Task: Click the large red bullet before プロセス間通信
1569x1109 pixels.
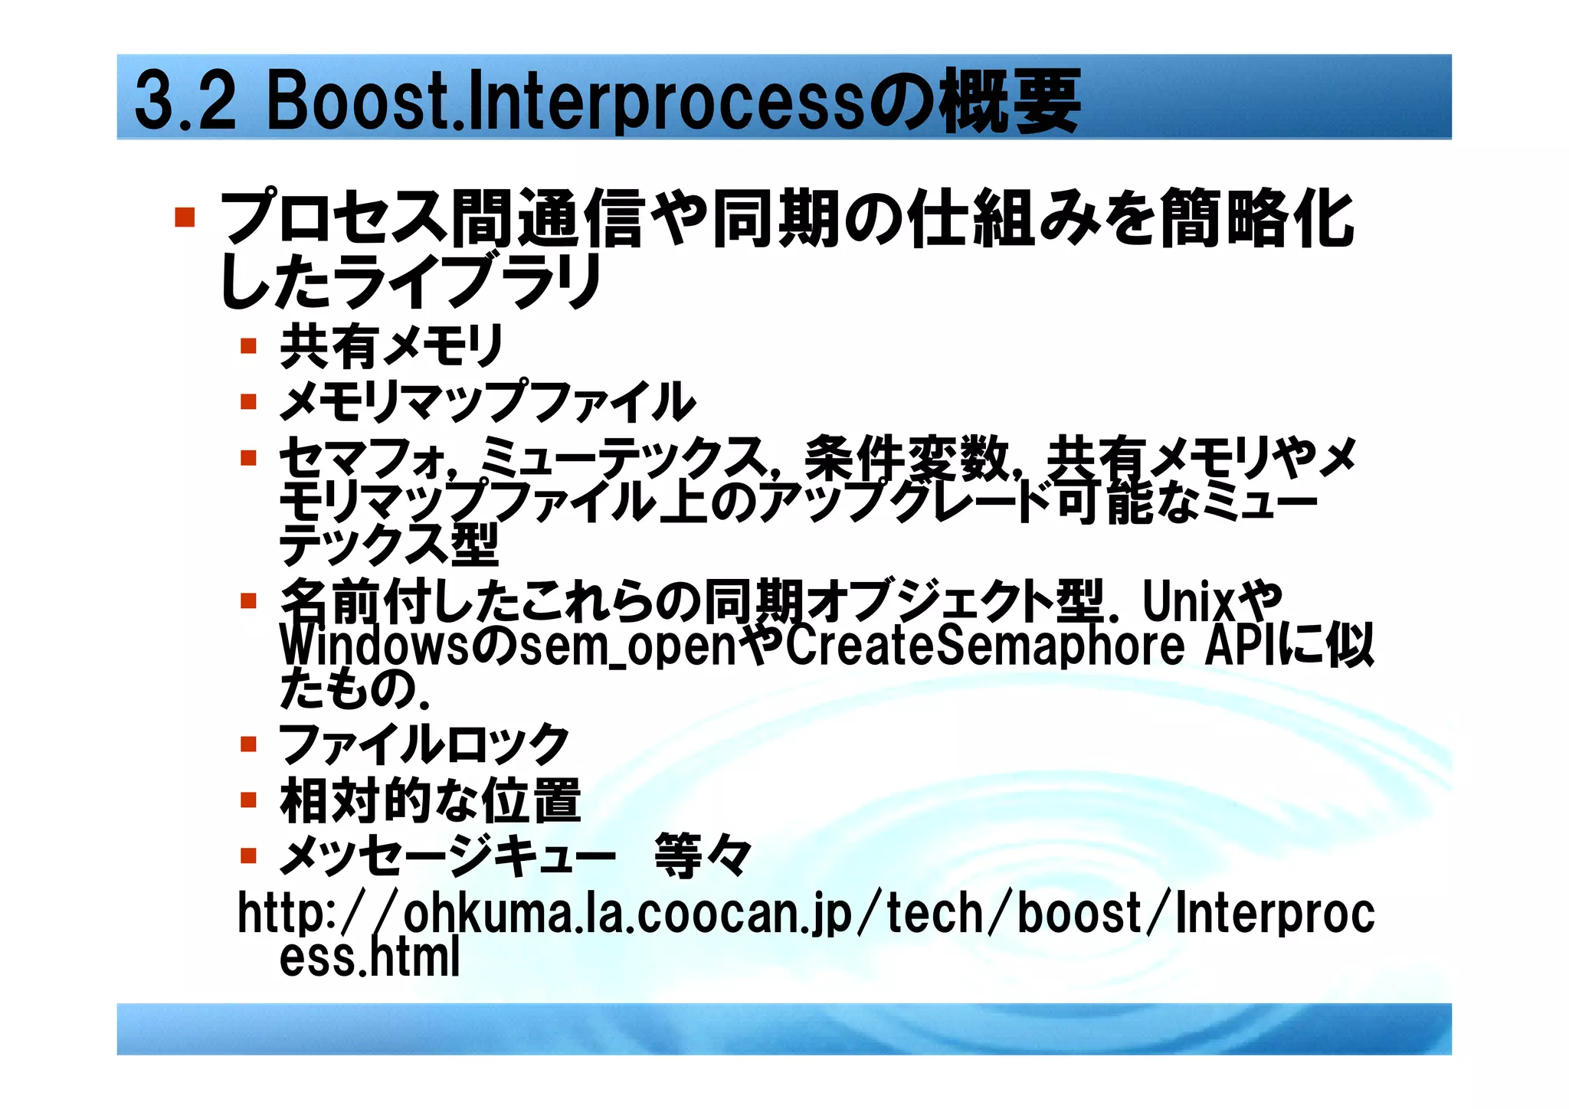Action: tap(184, 218)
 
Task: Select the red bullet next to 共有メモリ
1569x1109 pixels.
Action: tap(247, 346)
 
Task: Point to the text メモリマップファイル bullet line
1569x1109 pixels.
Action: tap(487, 402)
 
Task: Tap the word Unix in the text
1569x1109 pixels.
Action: tap(1188, 602)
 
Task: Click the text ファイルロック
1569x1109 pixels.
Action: tap(424, 744)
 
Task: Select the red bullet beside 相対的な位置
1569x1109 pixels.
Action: tap(247, 800)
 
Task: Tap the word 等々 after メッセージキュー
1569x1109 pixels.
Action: tap(703, 856)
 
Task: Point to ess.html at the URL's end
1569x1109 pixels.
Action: tap(369, 957)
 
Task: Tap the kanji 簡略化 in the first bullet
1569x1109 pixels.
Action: tap(1256, 219)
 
